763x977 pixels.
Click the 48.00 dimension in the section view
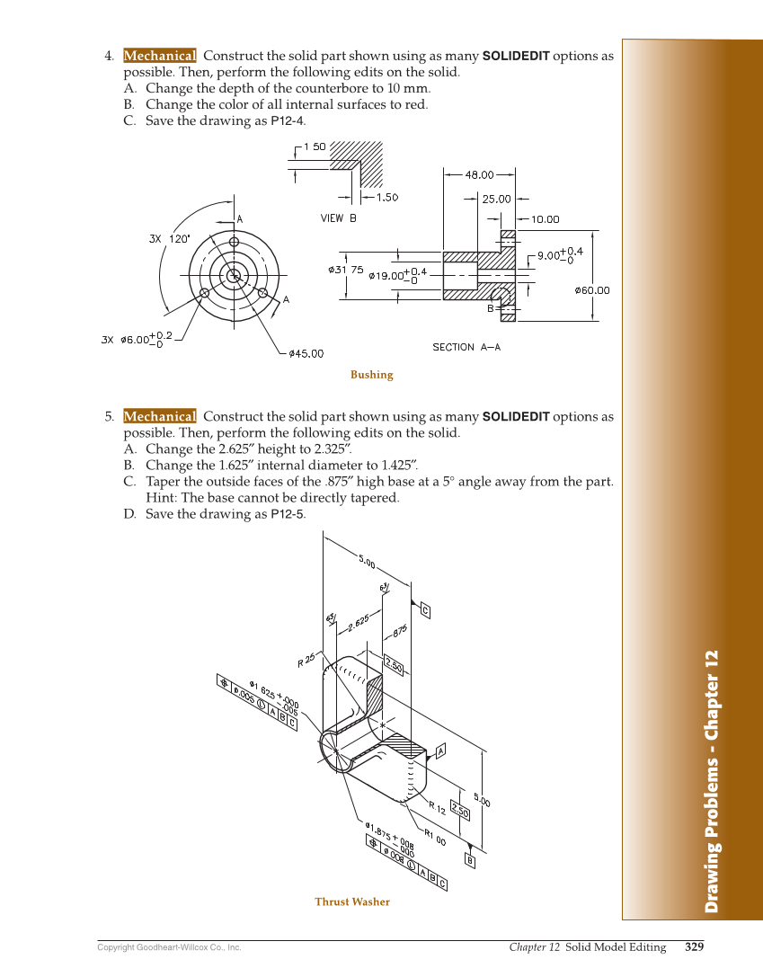(478, 175)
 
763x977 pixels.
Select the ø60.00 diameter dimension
(591, 290)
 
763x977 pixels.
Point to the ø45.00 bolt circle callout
(306, 354)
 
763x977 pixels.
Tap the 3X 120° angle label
(169, 239)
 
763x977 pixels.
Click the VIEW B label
(339, 218)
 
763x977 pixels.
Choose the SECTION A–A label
(466, 347)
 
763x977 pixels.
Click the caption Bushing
(371, 375)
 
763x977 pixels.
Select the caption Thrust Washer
(352, 902)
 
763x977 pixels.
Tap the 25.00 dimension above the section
(496, 200)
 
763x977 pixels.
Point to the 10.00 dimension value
(545, 218)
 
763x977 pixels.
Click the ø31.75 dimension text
(345, 270)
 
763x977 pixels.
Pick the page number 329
(694, 946)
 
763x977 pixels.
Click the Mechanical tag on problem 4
(159, 56)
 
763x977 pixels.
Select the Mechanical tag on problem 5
(159, 416)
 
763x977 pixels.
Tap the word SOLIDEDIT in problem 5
(516, 417)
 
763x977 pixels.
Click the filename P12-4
(288, 120)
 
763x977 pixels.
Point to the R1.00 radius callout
(435, 839)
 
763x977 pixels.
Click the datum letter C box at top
(424, 612)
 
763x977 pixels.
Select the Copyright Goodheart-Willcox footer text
(169, 947)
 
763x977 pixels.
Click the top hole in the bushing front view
(234, 242)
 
